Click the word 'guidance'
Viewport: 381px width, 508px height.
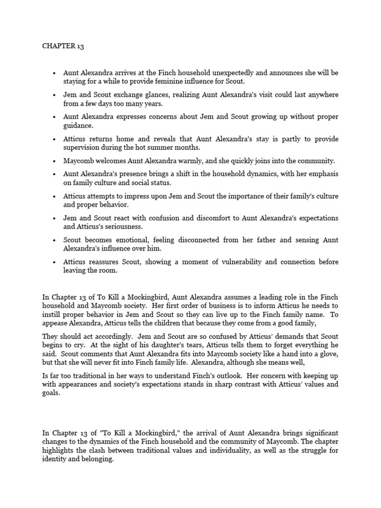tap(77, 127)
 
